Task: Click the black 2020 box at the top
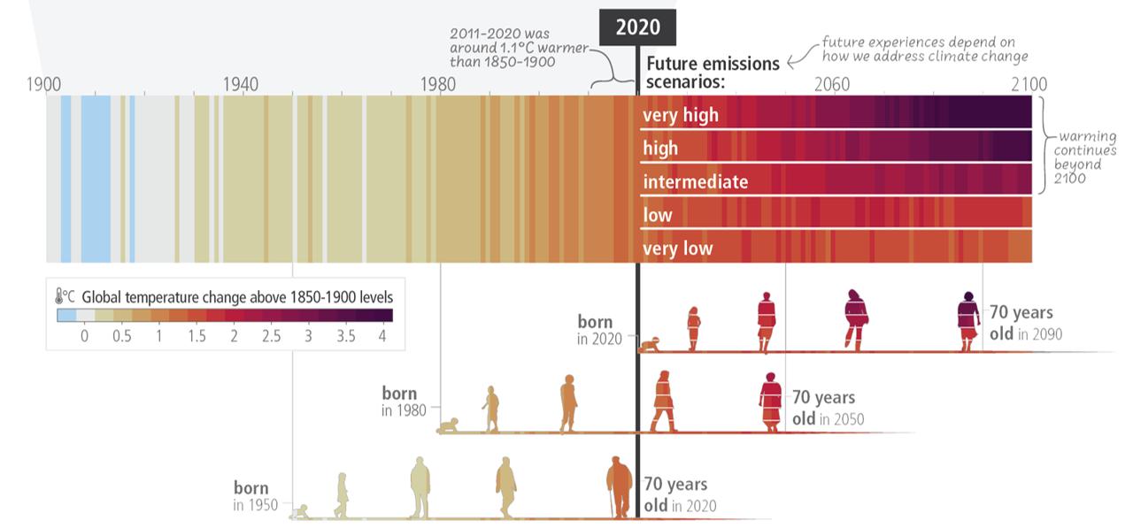click(637, 27)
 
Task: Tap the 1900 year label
click(43, 85)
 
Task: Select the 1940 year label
click(241, 85)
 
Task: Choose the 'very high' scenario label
click(681, 115)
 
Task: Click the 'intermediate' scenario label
click(695, 182)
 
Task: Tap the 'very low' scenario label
click(677, 249)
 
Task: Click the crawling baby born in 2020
click(653, 344)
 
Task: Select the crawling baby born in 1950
click(302, 511)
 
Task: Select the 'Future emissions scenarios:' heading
click(713, 73)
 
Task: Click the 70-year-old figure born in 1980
click(770, 402)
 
